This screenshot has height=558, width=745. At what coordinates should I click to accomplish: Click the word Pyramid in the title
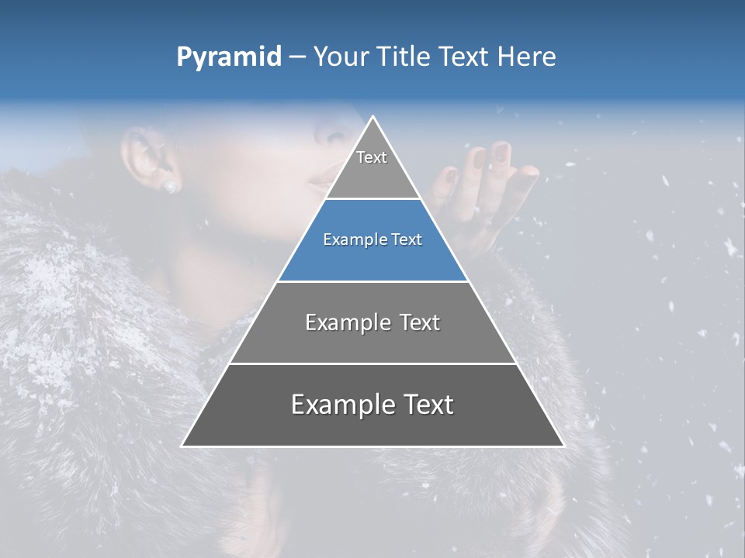coord(229,57)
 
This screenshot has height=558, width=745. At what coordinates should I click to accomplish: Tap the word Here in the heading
coord(528,57)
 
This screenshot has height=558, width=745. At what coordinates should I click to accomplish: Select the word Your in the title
coord(342,57)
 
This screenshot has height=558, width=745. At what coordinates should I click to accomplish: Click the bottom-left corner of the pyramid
coord(183,445)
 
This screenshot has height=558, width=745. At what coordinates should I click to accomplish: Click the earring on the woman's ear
coord(169,186)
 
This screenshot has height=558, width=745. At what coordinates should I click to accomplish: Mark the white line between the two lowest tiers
coord(372,363)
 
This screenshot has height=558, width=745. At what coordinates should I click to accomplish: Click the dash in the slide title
coord(297,57)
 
